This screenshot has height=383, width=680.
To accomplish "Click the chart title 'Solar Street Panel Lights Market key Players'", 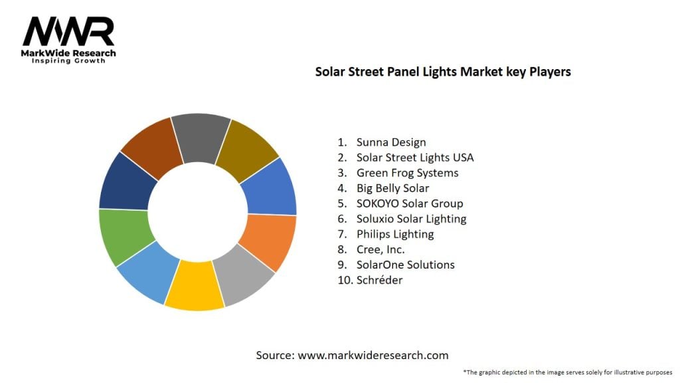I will click(x=443, y=72).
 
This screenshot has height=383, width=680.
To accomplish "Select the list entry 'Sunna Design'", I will click(x=391, y=142).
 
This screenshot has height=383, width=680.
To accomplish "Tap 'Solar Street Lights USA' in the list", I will click(x=415, y=158).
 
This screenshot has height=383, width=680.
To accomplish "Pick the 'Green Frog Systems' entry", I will click(x=407, y=173).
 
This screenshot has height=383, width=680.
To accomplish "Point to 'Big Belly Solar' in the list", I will click(x=392, y=188).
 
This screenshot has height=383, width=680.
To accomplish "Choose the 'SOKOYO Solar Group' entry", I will click(x=410, y=203).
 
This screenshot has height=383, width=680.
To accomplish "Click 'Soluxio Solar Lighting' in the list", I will click(x=411, y=219).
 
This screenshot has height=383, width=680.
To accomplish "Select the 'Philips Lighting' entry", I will click(x=395, y=234).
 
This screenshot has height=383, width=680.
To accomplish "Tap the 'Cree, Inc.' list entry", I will click(x=381, y=249).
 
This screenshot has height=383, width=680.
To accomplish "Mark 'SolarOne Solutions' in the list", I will click(x=406, y=265).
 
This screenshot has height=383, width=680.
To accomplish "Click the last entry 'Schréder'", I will click(x=379, y=280).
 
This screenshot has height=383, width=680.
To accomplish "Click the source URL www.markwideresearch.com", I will click(x=373, y=355).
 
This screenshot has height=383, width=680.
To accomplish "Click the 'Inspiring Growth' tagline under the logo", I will click(x=68, y=61).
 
